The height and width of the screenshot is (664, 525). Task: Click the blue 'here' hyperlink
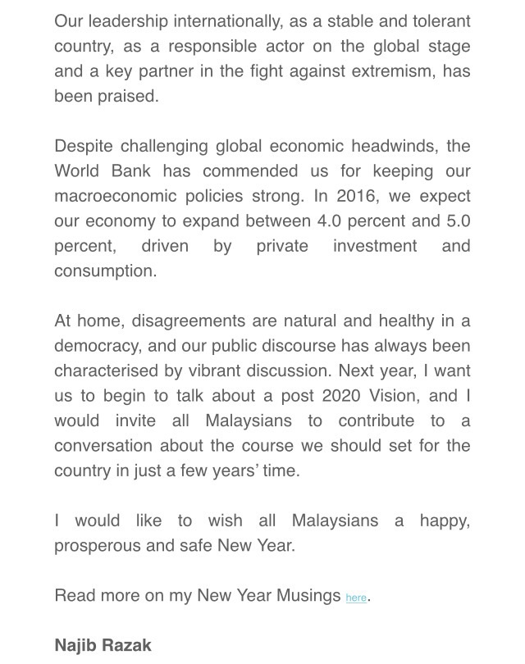356,598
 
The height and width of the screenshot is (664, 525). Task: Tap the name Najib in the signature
75,645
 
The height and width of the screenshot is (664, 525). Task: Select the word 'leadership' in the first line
131,22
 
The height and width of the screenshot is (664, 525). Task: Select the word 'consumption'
105,271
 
